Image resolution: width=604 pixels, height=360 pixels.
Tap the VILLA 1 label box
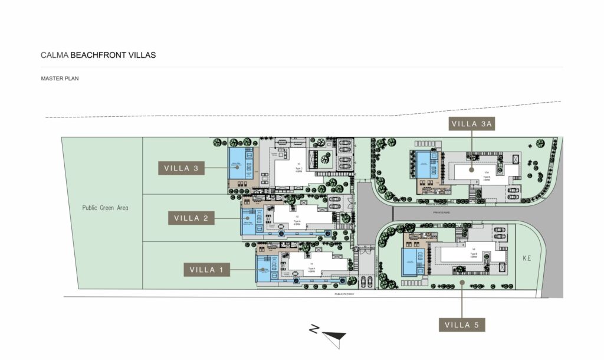206,270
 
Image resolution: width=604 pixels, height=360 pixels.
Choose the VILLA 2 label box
191,218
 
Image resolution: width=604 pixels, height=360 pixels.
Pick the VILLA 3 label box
182,168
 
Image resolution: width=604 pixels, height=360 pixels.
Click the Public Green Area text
106,208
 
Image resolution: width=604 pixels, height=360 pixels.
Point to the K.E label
527,258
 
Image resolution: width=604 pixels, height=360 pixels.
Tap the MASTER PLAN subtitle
60,78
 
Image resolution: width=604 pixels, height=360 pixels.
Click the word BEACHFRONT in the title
100,55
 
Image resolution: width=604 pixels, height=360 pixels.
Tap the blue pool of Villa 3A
423,163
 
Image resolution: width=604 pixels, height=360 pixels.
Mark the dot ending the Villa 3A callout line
471,169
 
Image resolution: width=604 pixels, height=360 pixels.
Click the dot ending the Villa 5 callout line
462,282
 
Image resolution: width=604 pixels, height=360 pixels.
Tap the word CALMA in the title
54,55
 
